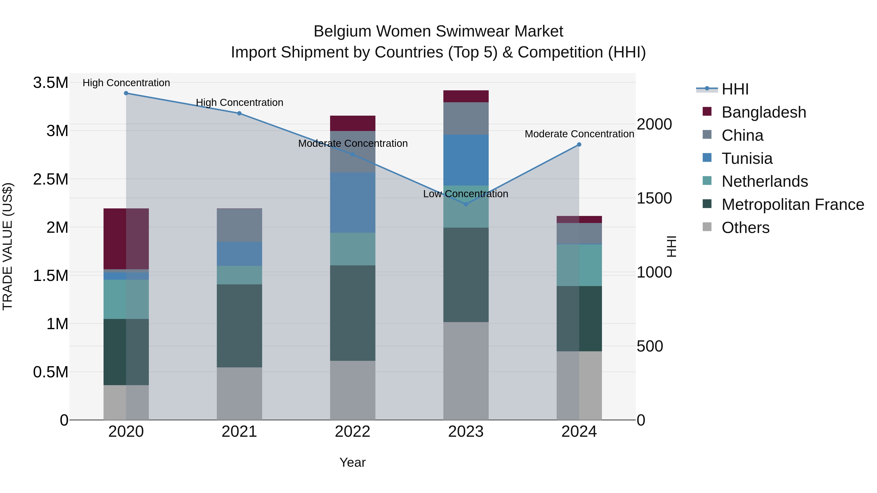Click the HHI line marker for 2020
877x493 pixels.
click(x=126, y=93)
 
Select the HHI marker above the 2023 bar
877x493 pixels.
click(x=466, y=204)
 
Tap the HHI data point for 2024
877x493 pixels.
click(x=579, y=145)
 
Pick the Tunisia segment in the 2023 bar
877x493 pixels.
click(x=466, y=160)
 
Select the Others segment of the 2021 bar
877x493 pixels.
click(x=239, y=393)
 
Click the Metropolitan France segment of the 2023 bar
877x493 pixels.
click(x=466, y=275)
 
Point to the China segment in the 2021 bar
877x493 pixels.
click(x=239, y=225)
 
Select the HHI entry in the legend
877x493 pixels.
click(x=735, y=89)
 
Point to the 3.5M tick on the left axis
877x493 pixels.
click(x=50, y=83)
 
